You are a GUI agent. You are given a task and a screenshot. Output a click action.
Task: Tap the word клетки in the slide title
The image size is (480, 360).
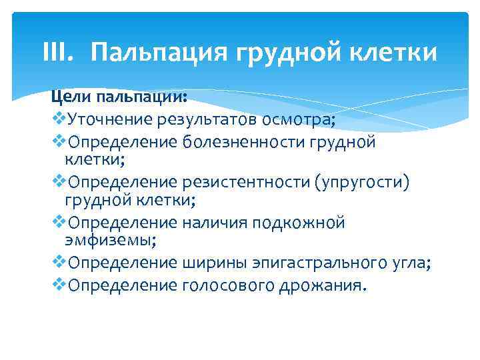point(399,52)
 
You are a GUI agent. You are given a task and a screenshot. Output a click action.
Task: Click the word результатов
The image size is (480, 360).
point(206,120)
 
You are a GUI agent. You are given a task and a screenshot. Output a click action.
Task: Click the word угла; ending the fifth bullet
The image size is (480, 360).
point(410,263)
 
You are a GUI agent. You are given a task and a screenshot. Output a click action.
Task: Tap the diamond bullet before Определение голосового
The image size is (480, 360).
point(59,285)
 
